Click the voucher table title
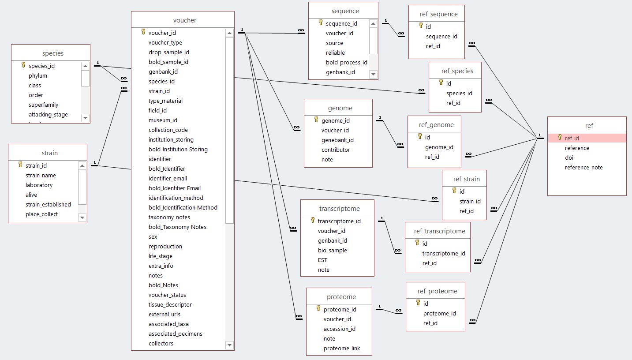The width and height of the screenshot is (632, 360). pyautogui.click(x=185, y=20)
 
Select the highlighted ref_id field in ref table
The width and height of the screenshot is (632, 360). pyautogui.click(x=572, y=138)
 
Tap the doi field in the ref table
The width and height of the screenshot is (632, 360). pyautogui.click(x=569, y=157)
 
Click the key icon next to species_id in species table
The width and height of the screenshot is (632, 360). pyautogui.click(x=23, y=65)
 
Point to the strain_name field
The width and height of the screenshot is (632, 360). pyautogui.click(x=41, y=175)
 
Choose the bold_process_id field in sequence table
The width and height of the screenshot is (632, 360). pyautogui.click(x=346, y=62)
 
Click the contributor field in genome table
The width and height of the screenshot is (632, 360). pyautogui.click(x=336, y=150)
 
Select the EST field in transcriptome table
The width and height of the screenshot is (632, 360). pyautogui.click(x=322, y=260)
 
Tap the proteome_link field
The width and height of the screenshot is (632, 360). pyautogui.click(x=342, y=348)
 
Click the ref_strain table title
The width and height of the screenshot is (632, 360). pyautogui.click(x=467, y=179)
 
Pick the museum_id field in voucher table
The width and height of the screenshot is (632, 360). pyautogui.click(x=163, y=120)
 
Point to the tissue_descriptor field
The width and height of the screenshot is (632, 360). pyautogui.click(x=170, y=304)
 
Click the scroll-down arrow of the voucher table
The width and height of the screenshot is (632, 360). pyautogui.click(x=229, y=345)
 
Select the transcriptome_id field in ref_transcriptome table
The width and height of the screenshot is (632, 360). pyautogui.click(x=443, y=253)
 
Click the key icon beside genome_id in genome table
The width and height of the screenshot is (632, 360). pyautogui.click(x=316, y=120)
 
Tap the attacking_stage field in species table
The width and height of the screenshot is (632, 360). pyautogui.click(x=48, y=114)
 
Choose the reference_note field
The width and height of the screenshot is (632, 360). pyautogui.click(x=583, y=167)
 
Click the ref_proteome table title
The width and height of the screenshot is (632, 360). pyautogui.click(x=437, y=291)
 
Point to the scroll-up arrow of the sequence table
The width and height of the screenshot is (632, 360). pyautogui.click(x=373, y=24)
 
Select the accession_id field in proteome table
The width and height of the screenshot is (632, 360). pyautogui.click(x=339, y=329)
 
